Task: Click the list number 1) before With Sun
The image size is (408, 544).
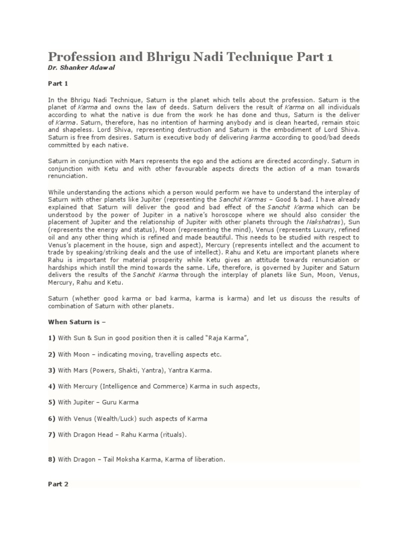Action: [x=52, y=338]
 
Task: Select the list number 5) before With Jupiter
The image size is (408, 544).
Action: [x=52, y=402]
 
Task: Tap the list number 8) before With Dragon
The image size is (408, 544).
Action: [x=52, y=460]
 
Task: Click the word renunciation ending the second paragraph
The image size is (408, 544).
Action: [x=67, y=176]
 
